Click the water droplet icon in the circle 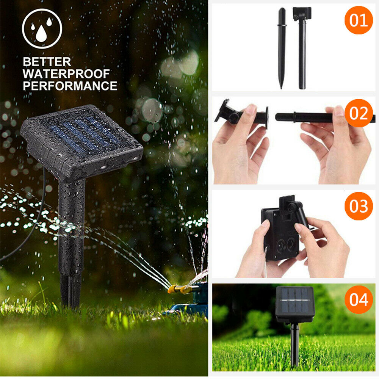(x=42, y=28)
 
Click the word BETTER (x=47, y=62)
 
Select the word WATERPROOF (x=66, y=74)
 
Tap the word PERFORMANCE (x=70, y=86)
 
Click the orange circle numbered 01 (x=359, y=20)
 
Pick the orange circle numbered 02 (x=359, y=113)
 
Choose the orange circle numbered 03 (x=359, y=206)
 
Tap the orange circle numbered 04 (x=359, y=299)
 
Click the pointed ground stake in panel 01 (x=282, y=49)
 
